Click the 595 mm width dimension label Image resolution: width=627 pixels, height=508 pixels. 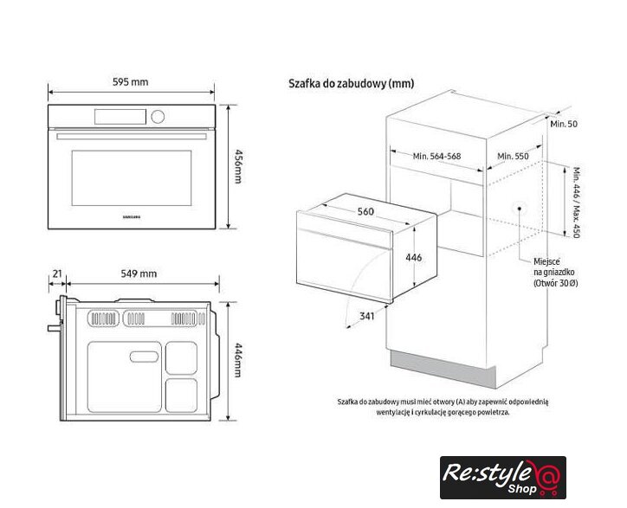pyautogui.click(x=131, y=82)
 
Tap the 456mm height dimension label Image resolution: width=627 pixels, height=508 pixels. pyautogui.click(x=238, y=166)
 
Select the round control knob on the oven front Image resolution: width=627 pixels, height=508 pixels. pyautogui.click(x=158, y=116)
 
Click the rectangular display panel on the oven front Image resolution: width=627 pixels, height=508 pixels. pyautogui.click(x=120, y=116)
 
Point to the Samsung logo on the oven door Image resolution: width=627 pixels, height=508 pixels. pyautogui.click(x=131, y=217)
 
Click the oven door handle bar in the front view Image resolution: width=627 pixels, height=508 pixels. pyautogui.click(x=132, y=136)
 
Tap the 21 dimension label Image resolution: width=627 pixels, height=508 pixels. pyautogui.click(x=57, y=273)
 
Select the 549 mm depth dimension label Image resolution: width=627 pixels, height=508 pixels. pyautogui.click(x=139, y=273)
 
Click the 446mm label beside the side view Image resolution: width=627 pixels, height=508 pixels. pyautogui.click(x=238, y=359)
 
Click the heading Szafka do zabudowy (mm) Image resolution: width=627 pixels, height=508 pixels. pyautogui.click(x=351, y=84)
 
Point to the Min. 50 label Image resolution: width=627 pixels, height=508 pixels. pyautogui.click(x=564, y=124)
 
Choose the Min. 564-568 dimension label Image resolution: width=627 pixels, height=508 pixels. pyautogui.click(x=436, y=156)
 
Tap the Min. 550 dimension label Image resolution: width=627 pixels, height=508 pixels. pyautogui.click(x=513, y=156)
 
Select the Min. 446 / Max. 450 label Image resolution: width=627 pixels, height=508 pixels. pyautogui.click(x=577, y=203)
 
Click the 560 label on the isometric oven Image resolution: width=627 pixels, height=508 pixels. pyautogui.click(x=365, y=211)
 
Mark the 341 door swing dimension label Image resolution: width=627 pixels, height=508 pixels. pyautogui.click(x=366, y=316)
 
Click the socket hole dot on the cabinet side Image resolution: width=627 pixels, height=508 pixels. pyautogui.click(x=519, y=209)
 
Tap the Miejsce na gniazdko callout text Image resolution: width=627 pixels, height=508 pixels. pyautogui.click(x=555, y=273)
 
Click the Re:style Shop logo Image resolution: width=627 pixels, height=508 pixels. pyautogui.click(x=503, y=478)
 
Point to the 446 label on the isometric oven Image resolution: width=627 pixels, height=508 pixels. pyautogui.click(x=413, y=257)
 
